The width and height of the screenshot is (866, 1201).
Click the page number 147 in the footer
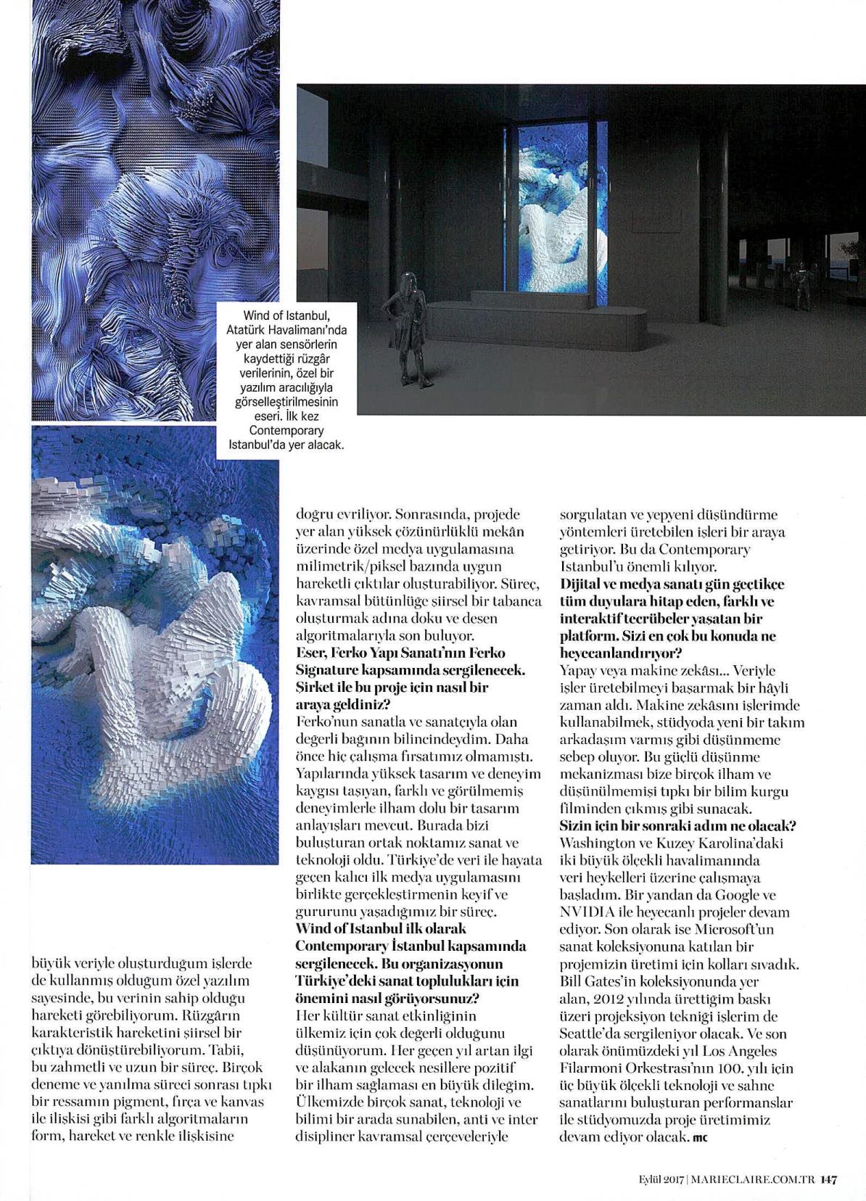click(x=829, y=1180)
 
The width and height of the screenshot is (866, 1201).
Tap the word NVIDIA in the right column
click(x=585, y=912)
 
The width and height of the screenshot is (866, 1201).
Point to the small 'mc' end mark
click(x=700, y=1138)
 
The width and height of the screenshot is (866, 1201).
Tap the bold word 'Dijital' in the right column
click(x=582, y=584)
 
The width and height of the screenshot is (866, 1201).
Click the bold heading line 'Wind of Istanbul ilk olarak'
click(x=381, y=928)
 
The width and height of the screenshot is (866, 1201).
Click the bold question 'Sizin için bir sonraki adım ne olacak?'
click(x=678, y=825)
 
